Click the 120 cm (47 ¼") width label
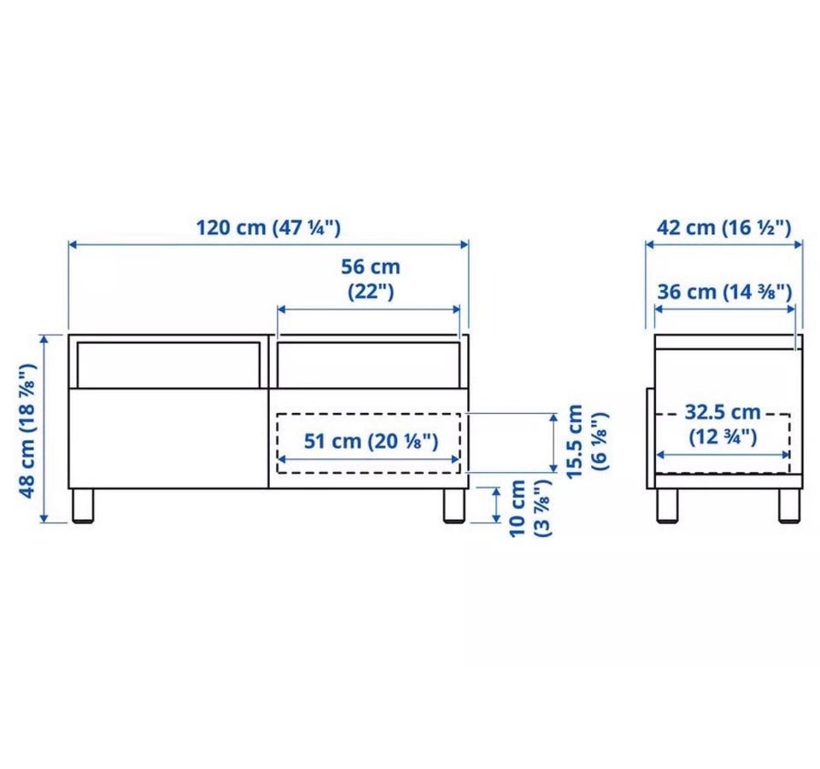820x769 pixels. tap(268, 228)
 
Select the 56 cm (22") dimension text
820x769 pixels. tap(371, 279)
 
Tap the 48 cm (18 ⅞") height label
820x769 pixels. tap(27, 430)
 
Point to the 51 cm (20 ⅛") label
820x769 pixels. tap(371, 441)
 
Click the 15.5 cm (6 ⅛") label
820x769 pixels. tap(588, 441)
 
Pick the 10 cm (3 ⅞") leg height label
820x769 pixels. tap(530, 508)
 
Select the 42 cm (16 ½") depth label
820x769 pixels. tap(723, 228)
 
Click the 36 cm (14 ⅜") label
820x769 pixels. tap(724, 292)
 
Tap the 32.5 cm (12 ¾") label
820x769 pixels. tap(723, 424)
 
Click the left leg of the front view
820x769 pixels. tap(83, 505)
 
